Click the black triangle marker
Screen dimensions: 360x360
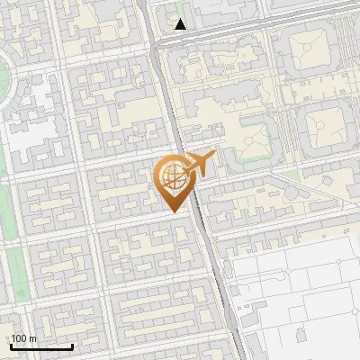181,24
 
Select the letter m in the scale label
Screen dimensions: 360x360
33,338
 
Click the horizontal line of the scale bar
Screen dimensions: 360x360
41,346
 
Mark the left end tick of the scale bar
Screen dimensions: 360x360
12,345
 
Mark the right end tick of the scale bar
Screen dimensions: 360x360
72,345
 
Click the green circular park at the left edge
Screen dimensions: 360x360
4,77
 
